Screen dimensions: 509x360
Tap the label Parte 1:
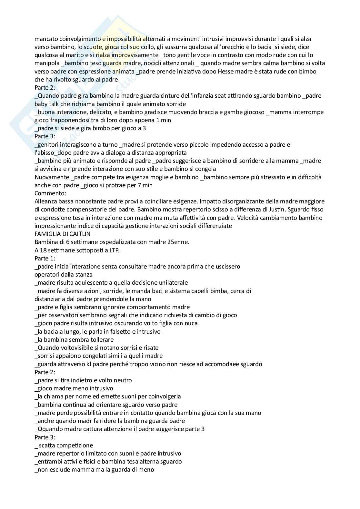point(45,258)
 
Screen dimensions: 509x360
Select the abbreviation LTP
point(113,250)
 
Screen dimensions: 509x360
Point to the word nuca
point(191,323)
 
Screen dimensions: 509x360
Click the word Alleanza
point(46,201)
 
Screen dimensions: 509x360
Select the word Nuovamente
point(52,177)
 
